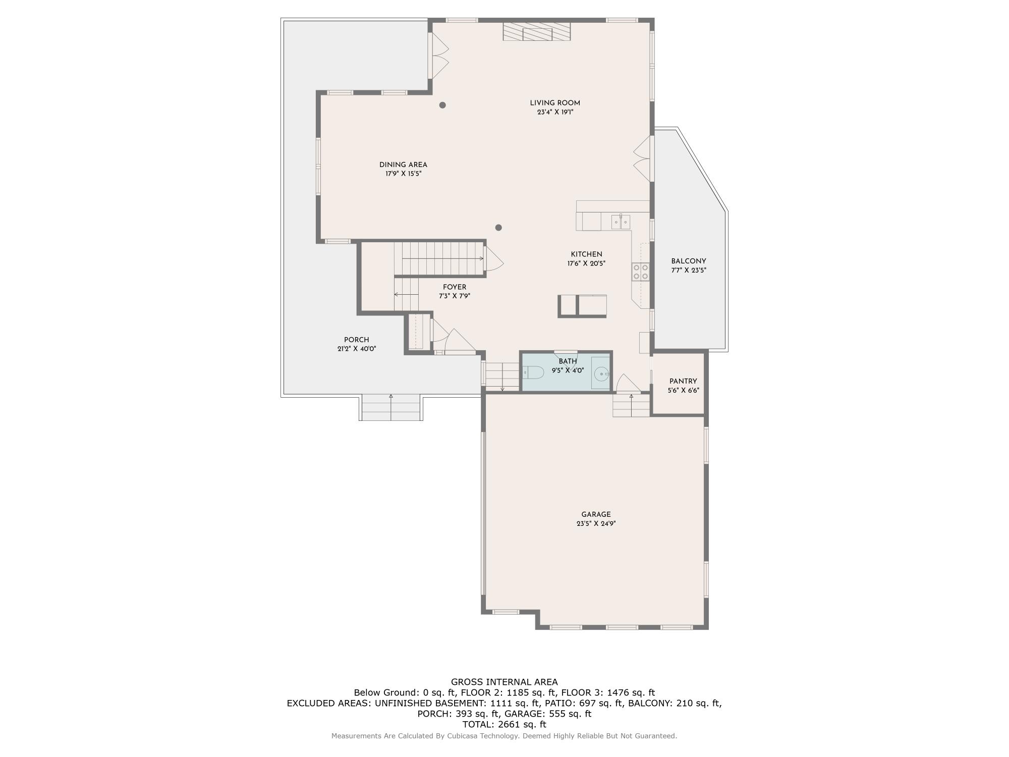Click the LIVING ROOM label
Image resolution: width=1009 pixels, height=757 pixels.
click(x=555, y=103)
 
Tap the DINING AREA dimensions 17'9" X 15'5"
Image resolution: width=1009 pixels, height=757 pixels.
click(x=403, y=174)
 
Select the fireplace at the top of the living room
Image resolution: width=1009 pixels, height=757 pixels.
click(x=537, y=31)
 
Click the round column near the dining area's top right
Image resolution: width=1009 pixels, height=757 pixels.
click(x=442, y=105)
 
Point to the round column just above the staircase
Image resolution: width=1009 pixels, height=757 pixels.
click(x=498, y=228)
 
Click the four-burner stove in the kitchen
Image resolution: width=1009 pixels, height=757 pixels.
click(x=640, y=272)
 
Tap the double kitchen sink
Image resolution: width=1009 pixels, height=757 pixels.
click(x=621, y=221)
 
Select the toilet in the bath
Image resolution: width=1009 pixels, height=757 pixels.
click(x=533, y=373)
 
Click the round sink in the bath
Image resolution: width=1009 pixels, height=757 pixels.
click(x=601, y=374)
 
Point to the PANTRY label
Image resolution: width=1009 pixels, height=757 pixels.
click(x=683, y=382)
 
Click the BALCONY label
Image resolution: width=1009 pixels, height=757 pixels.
click(x=688, y=261)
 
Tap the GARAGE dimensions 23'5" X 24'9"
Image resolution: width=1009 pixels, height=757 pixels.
click(x=596, y=524)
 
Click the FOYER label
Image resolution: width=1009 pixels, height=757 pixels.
click(x=455, y=287)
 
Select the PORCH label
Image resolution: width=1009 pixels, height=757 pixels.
click(x=357, y=340)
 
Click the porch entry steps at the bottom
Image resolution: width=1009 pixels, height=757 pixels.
click(x=391, y=408)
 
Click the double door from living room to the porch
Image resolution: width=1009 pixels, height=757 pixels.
click(x=437, y=56)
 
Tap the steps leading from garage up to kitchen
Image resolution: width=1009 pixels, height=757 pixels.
click(x=631, y=405)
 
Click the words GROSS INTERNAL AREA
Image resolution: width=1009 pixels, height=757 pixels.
click(x=504, y=682)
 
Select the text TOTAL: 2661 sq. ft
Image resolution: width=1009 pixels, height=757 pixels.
click(x=504, y=725)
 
